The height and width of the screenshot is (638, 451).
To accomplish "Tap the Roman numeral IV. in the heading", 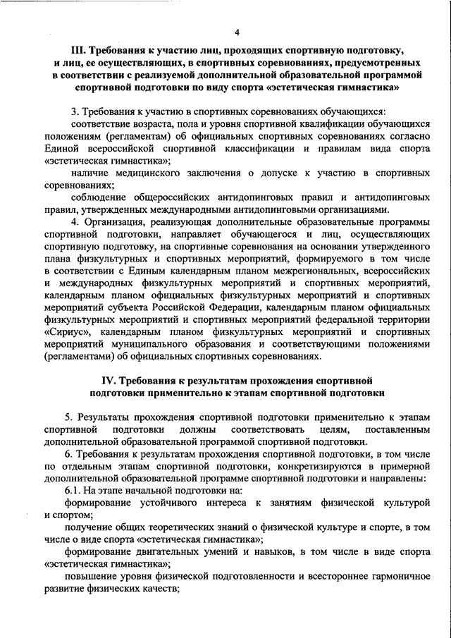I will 114,381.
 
